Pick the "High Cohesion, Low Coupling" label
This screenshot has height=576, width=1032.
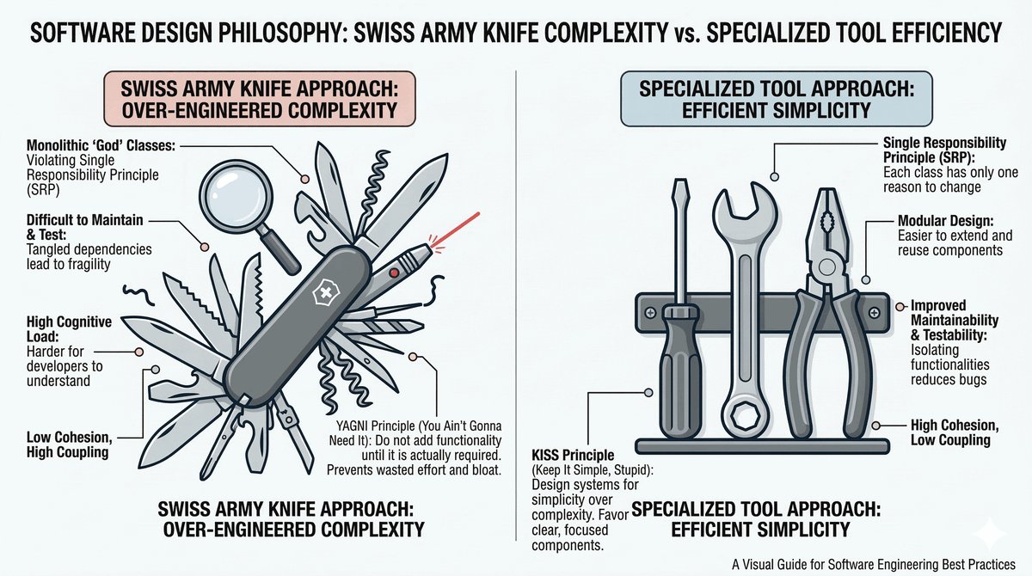coord(949,432)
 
